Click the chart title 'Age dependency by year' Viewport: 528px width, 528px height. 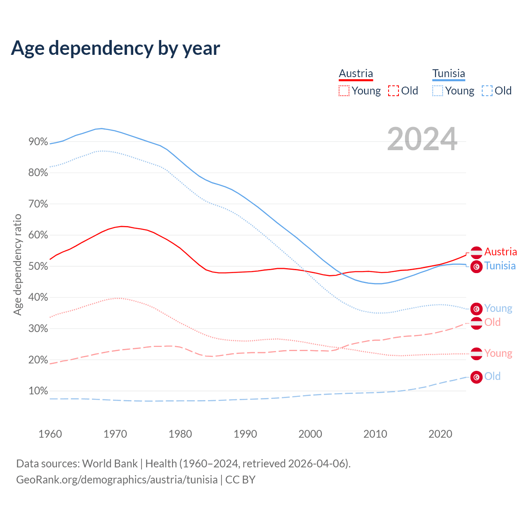tap(115, 48)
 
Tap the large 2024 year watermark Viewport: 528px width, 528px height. tap(422, 139)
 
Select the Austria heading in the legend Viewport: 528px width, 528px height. tap(356, 74)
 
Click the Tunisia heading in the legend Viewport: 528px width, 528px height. tap(448, 74)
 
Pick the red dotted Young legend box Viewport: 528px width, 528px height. tap(344, 91)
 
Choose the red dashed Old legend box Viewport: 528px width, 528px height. tap(393, 91)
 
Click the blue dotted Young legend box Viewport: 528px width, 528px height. tap(437, 91)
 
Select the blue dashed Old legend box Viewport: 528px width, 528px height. tap(487, 91)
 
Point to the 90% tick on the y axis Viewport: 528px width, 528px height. tap(38, 142)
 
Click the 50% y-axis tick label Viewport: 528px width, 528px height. tap(38, 266)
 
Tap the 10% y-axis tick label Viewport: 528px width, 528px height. tap(38, 391)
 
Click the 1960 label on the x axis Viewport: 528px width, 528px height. tap(50, 434)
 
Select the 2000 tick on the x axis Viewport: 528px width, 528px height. tap(310, 434)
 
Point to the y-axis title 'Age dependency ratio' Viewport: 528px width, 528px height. tap(17, 264)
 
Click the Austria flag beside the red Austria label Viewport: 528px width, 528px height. tap(476, 252)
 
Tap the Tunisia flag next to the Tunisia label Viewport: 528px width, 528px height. tap(476, 267)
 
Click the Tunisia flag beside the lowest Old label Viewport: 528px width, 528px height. tap(476, 377)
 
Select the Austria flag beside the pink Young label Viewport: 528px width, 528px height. tap(476, 354)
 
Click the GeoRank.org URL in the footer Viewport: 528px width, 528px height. tap(117, 480)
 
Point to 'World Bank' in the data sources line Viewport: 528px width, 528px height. tap(110, 464)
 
